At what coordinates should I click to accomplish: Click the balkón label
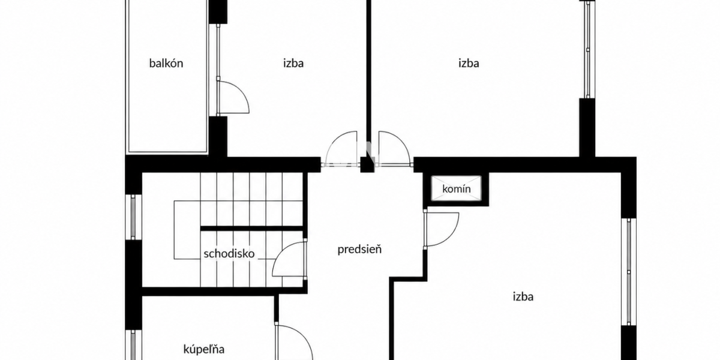pyautogui.click(x=166, y=63)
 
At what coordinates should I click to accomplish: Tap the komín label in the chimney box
pyautogui.click(x=457, y=188)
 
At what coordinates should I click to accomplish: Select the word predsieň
pyautogui.click(x=359, y=250)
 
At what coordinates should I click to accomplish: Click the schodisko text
pyautogui.click(x=229, y=254)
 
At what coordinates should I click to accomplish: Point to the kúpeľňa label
pyautogui.click(x=204, y=349)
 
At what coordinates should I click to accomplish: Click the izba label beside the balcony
pyautogui.click(x=293, y=63)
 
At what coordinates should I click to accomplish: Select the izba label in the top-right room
pyautogui.click(x=469, y=63)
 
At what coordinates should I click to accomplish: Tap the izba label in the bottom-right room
pyautogui.click(x=523, y=296)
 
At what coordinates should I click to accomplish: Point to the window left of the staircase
pyautogui.click(x=133, y=217)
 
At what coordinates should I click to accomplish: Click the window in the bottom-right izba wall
pyautogui.click(x=629, y=272)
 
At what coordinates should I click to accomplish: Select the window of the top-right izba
pyautogui.click(x=588, y=49)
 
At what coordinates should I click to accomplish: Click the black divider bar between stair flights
pyautogui.click(x=252, y=229)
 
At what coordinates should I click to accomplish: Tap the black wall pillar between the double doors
pyautogui.click(x=367, y=164)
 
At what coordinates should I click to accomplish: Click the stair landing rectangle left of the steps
pyautogui.click(x=187, y=230)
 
